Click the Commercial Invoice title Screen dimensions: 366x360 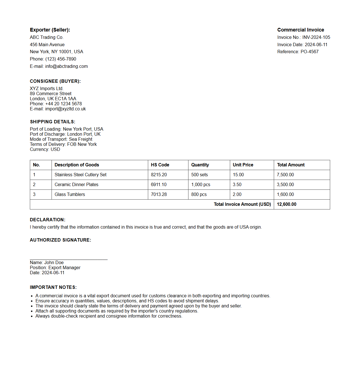pyautogui.click(x=301, y=30)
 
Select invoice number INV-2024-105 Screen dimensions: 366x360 pyautogui.click(x=316, y=37)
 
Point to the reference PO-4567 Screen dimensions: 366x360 pyautogui.click(x=309, y=52)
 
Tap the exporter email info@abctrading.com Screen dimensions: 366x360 pyautogui.click(x=66, y=66)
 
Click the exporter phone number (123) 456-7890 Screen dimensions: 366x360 pyautogui.click(x=61, y=59)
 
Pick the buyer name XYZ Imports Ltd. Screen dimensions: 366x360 pyautogui.click(x=46, y=88)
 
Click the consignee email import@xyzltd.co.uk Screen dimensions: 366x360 pyautogui.click(x=65, y=109)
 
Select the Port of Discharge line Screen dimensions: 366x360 pyautogui.click(x=65, y=134)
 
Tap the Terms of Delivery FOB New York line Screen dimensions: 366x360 pyautogui.click(x=63, y=144)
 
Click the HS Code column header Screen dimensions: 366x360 pyautogui.click(x=160, y=165)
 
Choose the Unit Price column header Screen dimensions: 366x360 pyautogui.click(x=243, y=165)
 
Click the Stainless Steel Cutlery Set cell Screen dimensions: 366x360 pyautogui.click(x=81, y=175)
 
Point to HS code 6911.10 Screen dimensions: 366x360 pyautogui.click(x=159, y=184)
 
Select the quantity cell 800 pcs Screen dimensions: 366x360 pyautogui.click(x=199, y=194)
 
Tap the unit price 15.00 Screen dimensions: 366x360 pyautogui.click(x=238, y=175)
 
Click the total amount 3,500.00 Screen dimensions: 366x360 pyautogui.click(x=285, y=184)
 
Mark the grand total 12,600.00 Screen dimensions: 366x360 pyautogui.click(x=286, y=204)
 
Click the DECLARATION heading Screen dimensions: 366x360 pyautogui.click(x=47, y=220)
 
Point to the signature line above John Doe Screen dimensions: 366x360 pyautogui.click(x=68, y=259)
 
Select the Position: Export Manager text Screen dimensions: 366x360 pyautogui.click(x=55, y=267)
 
